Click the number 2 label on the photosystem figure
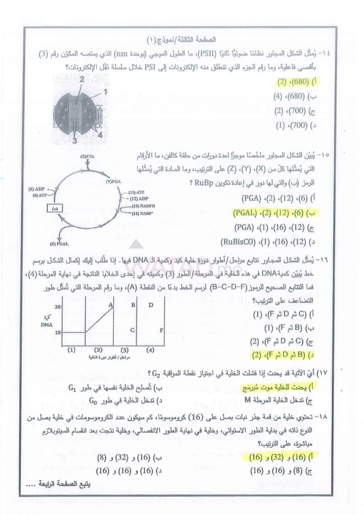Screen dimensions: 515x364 coord(81,79)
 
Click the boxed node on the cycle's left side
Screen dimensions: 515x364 coord(54,207)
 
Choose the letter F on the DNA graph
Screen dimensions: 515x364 coord(161,330)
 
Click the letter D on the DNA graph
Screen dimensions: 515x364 coord(150,305)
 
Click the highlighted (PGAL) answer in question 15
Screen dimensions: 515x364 coord(266,212)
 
